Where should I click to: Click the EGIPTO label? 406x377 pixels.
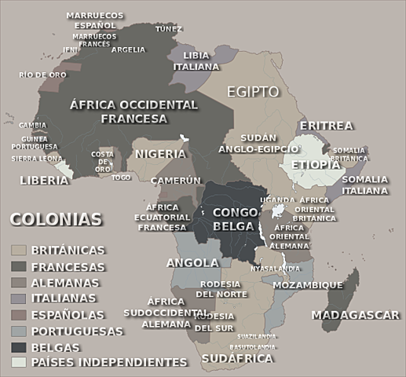(253, 92)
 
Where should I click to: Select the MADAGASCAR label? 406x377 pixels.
(356, 315)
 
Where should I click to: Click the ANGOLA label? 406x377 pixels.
(192, 262)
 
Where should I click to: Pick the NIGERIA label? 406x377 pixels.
(160, 154)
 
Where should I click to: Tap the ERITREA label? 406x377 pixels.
(327, 126)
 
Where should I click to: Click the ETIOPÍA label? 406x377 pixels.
(316, 165)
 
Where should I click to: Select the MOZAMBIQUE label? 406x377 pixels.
(308, 285)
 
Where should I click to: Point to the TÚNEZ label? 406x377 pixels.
(169, 29)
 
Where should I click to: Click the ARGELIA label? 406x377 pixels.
(128, 49)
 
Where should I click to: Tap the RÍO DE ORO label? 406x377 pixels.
(43, 75)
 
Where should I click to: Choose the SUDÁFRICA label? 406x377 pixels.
(237, 358)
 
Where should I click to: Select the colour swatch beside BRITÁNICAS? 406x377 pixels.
(20, 251)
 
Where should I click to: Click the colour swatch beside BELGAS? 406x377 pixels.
(20, 346)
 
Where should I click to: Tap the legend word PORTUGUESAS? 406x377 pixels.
(78, 331)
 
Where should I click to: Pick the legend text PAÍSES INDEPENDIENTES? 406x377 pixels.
(109, 362)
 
